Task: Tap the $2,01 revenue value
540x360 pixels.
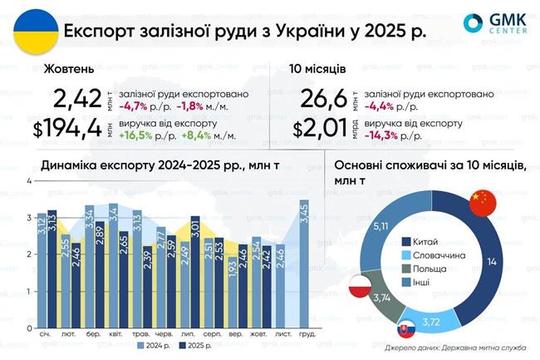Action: click(316, 129)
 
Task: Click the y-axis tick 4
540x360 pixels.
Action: click(30, 180)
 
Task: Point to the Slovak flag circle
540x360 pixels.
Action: click(407, 330)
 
